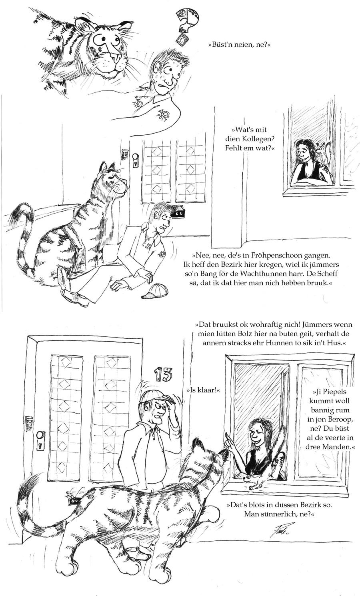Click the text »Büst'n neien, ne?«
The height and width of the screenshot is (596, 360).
(237, 45)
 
